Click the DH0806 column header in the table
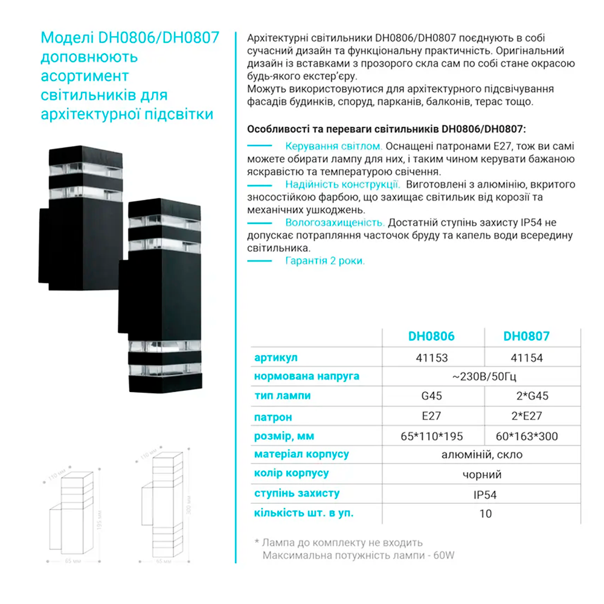431,336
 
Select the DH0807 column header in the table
526,336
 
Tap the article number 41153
432,358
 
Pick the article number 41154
527,358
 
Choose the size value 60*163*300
527,436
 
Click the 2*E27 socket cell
527,417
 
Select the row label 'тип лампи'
283,396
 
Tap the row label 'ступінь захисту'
297,493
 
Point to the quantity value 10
485,513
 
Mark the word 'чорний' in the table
482,475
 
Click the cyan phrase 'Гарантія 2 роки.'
325,262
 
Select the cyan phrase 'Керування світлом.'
333,146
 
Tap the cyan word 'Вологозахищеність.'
335,222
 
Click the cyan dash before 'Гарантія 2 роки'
260,261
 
